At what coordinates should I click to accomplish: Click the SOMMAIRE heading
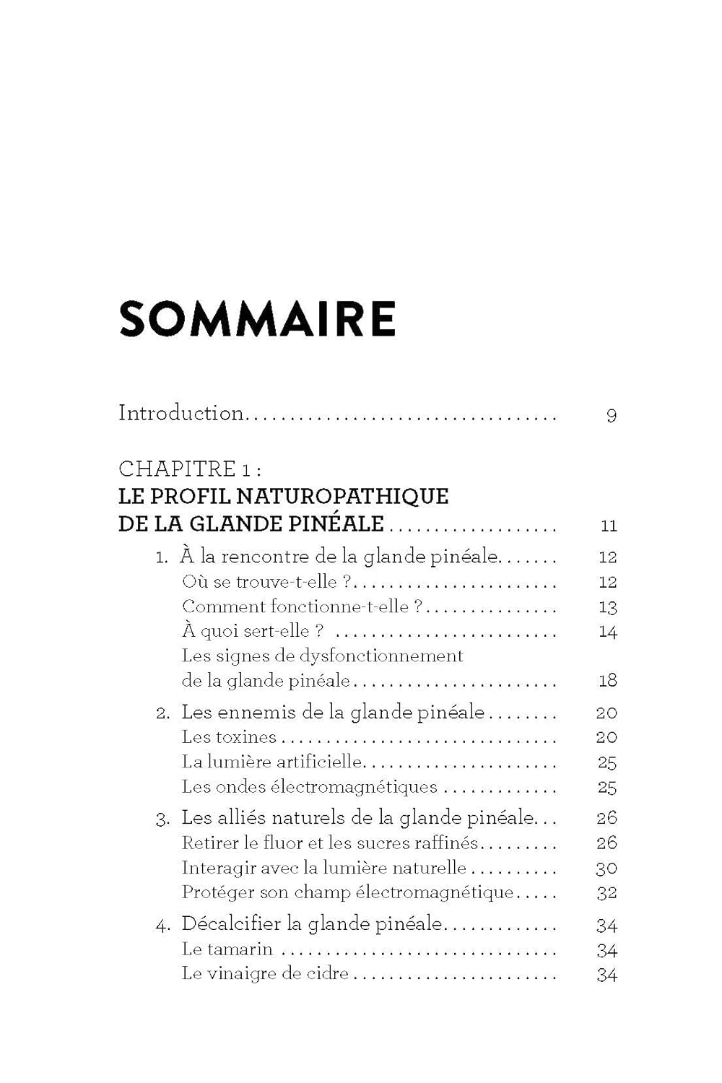pyautogui.click(x=257, y=318)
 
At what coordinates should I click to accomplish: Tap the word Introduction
pyautogui.click(x=180, y=413)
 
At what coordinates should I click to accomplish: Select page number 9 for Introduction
pyautogui.click(x=612, y=416)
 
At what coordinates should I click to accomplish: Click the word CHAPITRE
pyautogui.click(x=177, y=469)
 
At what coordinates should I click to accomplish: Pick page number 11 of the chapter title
pyautogui.click(x=609, y=526)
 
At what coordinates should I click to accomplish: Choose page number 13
pyautogui.click(x=608, y=608)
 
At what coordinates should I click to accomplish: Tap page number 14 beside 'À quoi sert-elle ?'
pyautogui.click(x=608, y=632)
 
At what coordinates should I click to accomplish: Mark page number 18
pyautogui.click(x=608, y=681)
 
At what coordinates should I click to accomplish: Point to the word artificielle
pyautogui.click(x=320, y=762)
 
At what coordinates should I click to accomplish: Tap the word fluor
pyautogui.click(x=284, y=843)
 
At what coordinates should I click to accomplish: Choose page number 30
pyautogui.click(x=606, y=869)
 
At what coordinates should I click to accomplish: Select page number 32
pyautogui.click(x=606, y=893)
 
